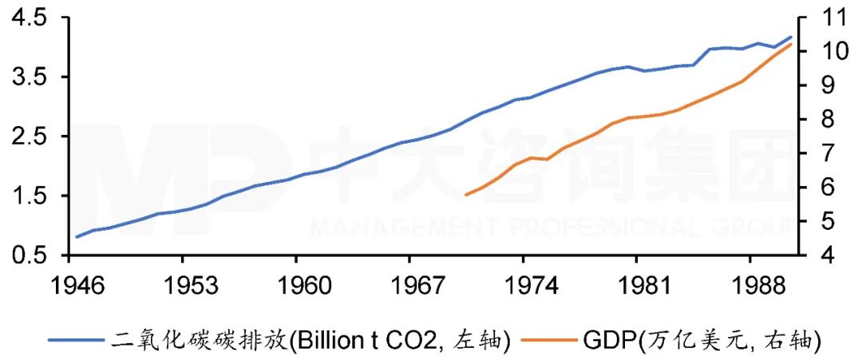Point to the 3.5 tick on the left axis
coord(23,77)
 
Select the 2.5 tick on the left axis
coord(23,136)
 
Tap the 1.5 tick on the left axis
coord(23,196)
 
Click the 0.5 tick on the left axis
coord(23,255)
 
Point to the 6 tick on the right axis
coord(825,188)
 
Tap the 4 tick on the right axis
coord(825,255)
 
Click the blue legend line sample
coord(76,340)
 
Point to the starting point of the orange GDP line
coord(465,195)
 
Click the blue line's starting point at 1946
coord(77,237)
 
